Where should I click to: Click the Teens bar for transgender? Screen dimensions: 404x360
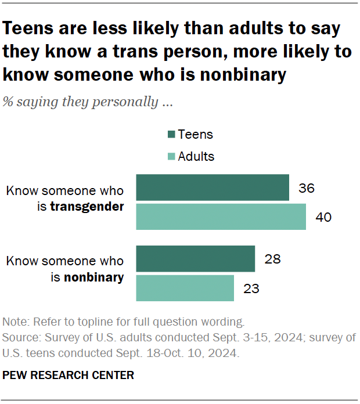tap(213, 187)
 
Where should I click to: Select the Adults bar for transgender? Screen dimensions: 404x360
tap(221, 217)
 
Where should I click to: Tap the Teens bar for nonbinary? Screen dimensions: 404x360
tap(195, 259)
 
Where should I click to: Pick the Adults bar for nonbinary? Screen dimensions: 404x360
tap(185, 288)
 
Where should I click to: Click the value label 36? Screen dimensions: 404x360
tap(307, 188)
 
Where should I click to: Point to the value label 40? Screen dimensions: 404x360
tap(323, 217)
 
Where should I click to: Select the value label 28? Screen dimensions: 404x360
tap(272, 259)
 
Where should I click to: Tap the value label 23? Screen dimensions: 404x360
tap(251, 288)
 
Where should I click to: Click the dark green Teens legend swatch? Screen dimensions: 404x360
tap(171, 135)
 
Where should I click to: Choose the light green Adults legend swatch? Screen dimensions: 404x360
tap(171, 157)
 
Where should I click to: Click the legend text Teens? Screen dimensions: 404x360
tap(196, 135)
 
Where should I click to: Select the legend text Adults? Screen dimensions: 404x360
tap(196, 157)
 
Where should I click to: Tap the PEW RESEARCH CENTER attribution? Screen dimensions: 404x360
tap(69, 376)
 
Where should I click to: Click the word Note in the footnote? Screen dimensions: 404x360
tap(14, 322)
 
